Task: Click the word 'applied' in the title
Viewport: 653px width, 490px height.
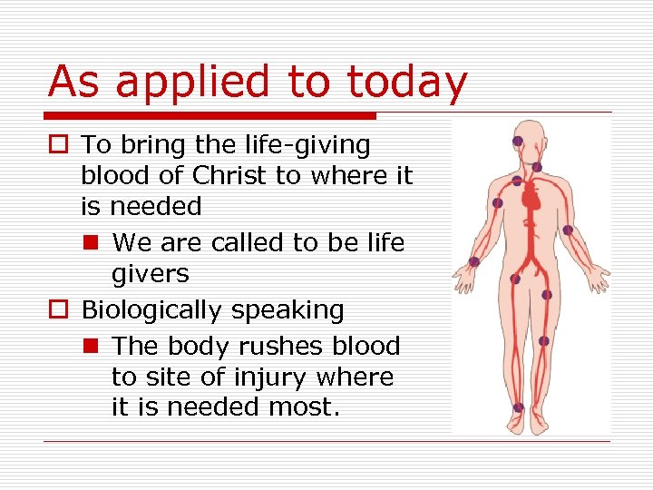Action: click(x=194, y=83)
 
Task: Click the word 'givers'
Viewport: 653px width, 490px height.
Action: click(x=150, y=274)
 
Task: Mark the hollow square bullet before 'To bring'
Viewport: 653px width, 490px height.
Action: click(x=60, y=145)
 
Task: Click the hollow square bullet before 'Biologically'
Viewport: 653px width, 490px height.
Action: click(x=60, y=310)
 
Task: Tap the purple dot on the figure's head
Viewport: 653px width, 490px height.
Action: click(x=517, y=141)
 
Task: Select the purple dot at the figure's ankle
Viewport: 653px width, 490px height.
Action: click(x=518, y=408)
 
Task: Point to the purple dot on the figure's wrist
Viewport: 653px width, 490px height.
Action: click(x=473, y=261)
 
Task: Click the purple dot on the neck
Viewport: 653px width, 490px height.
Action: click(x=537, y=167)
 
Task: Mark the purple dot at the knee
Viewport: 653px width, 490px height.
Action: click(x=543, y=341)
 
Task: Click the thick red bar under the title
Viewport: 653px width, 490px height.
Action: click(x=210, y=116)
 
